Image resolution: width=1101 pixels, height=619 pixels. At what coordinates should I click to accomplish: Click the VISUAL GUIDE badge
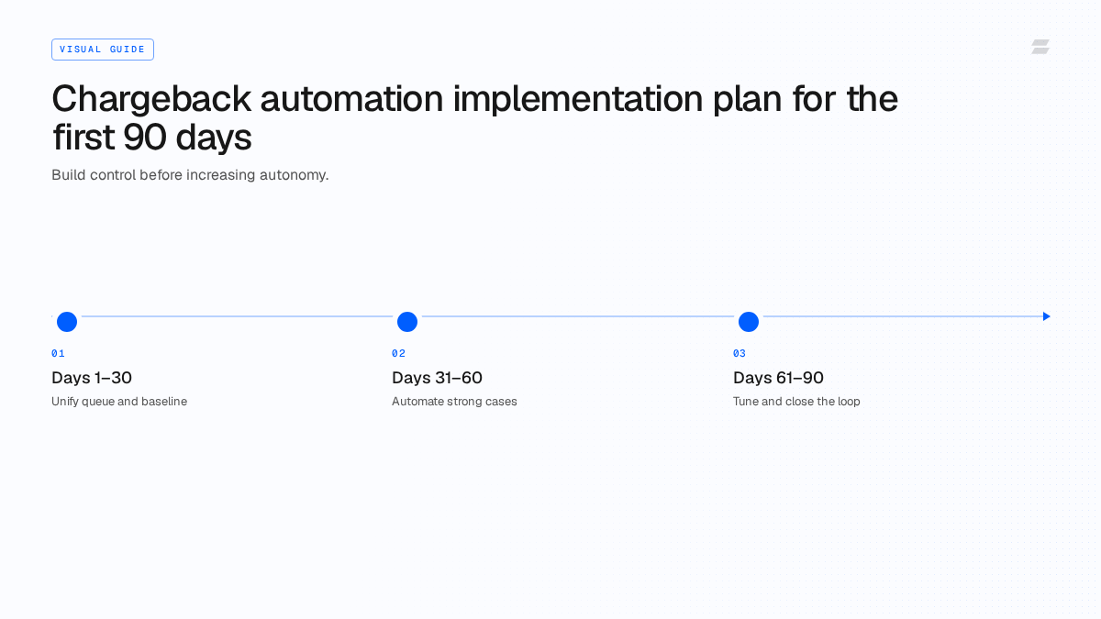click(x=103, y=50)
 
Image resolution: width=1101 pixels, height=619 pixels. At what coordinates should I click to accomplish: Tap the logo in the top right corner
click(x=1040, y=47)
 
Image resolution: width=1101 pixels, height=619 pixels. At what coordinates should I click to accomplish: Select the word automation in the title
click(x=351, y=99)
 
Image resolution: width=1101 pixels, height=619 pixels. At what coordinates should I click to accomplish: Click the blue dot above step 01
click(x=67, y=322)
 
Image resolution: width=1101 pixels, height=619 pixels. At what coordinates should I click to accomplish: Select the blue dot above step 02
click(x=407, y=322)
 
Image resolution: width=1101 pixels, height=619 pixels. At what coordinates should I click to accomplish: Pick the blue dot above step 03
click(x=749, y=322)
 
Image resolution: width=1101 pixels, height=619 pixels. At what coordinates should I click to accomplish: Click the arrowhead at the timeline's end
click(x=1047, y=316)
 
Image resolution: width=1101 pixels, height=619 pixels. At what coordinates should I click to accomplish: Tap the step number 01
click(x=58, y=353)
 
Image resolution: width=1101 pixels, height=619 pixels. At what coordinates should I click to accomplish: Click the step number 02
click(x=398, y=353)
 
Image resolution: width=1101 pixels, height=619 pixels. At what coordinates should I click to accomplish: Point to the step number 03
click(x=740, y=353)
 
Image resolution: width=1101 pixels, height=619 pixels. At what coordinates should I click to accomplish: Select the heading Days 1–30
click(x=92, y=378)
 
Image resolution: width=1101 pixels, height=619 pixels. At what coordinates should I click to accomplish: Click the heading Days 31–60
click(x=437, y=378)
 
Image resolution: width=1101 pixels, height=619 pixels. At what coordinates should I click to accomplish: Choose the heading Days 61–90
click(x=778, y=378)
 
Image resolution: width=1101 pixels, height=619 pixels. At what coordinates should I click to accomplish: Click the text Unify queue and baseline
click(x=119, y=402)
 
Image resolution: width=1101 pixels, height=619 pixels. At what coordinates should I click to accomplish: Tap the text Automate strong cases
click(x=454, y=402)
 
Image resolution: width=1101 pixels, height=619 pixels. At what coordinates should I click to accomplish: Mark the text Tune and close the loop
click(x=796, y=402)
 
